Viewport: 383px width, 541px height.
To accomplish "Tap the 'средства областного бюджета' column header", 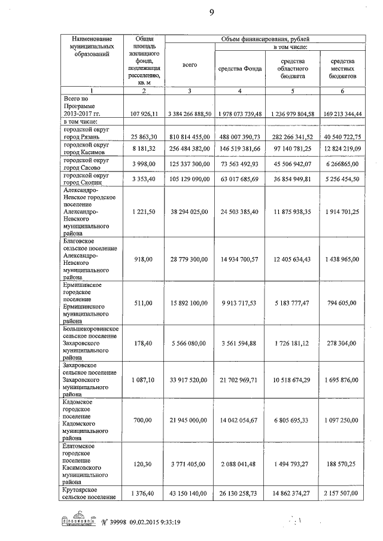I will pos(293,69).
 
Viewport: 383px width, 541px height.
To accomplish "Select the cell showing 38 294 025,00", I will pos(190,212).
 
